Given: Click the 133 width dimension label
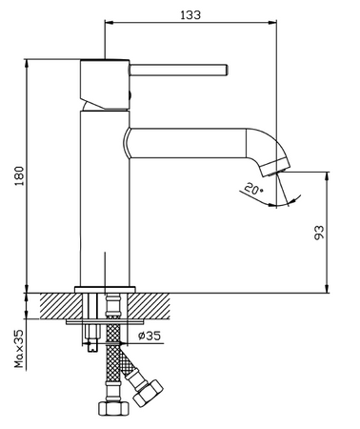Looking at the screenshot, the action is [190, 14].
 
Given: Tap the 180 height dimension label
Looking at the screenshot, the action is [19, 175].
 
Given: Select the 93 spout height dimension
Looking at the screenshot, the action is [319, 233].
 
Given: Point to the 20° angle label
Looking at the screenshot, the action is [253, 189].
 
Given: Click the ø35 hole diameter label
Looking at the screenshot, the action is [150, 336].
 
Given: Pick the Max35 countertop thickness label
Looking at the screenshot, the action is [19, 349].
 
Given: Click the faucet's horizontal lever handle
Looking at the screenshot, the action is [179, 70].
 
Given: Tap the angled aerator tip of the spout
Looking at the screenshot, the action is [275, 167].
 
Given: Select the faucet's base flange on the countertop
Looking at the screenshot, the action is [105, 290].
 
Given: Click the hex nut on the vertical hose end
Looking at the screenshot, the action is [113, 408].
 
